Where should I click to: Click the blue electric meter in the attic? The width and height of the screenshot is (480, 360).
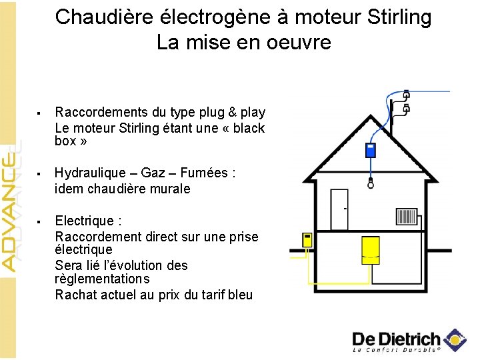click(371, 150)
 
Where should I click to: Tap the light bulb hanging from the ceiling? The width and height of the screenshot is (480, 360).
click(371, 185)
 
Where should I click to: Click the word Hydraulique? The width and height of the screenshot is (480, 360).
click(93, 173)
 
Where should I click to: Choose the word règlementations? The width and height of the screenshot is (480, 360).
click(102, 279)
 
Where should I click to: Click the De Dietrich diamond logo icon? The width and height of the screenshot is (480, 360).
click(455, 339)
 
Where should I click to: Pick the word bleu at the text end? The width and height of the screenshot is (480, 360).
click(240, 295)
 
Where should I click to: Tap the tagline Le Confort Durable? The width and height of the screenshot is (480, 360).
click(396, 349)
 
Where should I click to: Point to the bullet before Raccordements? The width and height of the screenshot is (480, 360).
click(41, 113)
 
